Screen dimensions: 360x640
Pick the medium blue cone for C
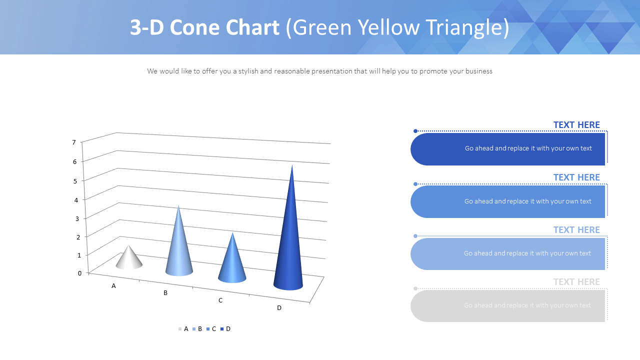pos(232,262)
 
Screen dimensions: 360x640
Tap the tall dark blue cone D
pos(289,240)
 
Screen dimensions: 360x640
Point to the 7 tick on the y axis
pos(74,142)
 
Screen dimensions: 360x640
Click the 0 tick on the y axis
pos(79,273)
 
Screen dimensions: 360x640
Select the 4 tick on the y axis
pos(76,200)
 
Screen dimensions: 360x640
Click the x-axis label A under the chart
pos(113,286)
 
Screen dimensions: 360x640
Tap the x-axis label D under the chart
pos(279,308)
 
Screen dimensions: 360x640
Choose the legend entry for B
pos(197,329)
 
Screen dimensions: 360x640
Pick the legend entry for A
pos(183,329)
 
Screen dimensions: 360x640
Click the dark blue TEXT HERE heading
pos(576,125)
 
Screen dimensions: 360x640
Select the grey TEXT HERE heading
pos(576,282)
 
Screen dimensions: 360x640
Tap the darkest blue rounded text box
pos(507,149)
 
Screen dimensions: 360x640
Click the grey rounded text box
pos(507,305)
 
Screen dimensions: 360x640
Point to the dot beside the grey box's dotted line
pos(415,288)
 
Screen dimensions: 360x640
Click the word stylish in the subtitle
pos(248,71)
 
